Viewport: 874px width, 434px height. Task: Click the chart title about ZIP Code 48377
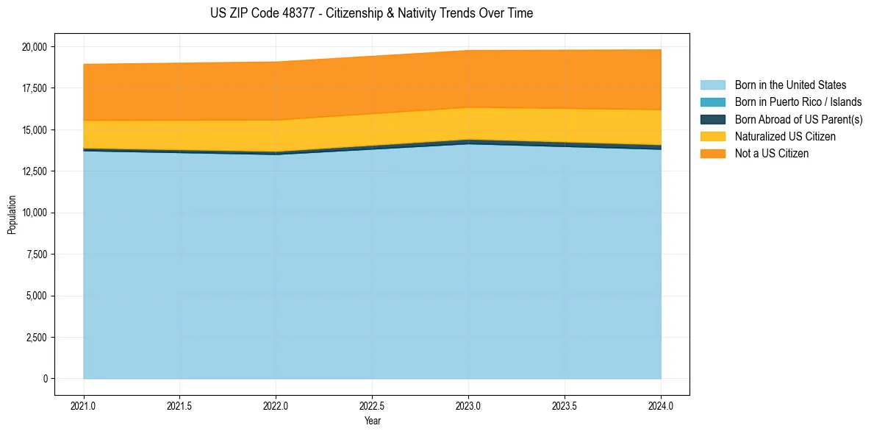click(x=371, y=13)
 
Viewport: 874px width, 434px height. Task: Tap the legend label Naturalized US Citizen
click(x=785, y=137)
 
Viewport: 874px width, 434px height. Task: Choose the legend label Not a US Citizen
click(x=772, y=154)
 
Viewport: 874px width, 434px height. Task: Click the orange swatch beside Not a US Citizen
click(x=712, y=154)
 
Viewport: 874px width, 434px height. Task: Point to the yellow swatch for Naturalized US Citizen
click(x=712, y=137)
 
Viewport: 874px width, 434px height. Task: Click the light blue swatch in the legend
click(x=712, y=85)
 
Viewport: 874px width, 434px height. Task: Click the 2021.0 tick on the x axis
click(x=84, y=405)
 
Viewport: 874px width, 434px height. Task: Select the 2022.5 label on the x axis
click(x=372, y=405)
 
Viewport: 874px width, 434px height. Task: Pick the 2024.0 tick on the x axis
click(x=661, y=405)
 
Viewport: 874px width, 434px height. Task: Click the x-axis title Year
click(x=372, y=421)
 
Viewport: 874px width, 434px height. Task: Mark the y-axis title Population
click(x=12, y=215)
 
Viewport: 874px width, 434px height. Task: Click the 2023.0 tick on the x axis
click(x=468, y=405)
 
